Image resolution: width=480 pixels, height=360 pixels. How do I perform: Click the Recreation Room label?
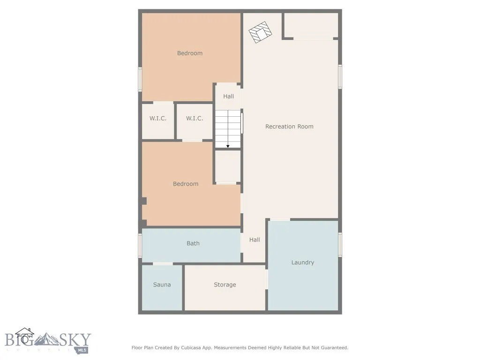tap(289, 127)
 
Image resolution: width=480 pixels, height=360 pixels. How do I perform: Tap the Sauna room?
tap(162, 285)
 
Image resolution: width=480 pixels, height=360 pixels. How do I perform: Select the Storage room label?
tap(225, 285)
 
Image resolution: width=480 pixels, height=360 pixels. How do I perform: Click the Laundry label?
tap(302, 262)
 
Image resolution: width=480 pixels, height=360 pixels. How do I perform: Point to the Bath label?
tap(193, 243)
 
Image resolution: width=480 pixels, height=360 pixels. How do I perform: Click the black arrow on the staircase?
tap(228, 145)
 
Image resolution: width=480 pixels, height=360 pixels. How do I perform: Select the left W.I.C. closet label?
tap(158, 119)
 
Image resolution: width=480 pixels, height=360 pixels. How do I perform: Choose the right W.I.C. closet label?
tap(195, 119)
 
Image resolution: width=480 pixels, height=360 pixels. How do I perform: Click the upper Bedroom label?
tap(190, 53)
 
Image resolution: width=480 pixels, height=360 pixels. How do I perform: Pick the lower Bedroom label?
tap(186, 184)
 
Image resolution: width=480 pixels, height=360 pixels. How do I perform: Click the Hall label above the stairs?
tap(228, 97)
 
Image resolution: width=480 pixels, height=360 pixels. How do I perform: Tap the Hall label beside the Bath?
tap(255, 240)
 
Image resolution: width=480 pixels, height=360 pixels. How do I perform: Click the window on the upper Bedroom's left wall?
tap(140, 79)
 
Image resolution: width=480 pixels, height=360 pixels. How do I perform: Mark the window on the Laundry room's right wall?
tap(340, 245)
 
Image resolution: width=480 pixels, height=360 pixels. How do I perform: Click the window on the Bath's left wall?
tap(140, 246)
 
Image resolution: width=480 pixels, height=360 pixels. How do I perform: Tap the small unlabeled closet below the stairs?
tap(228, 166)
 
